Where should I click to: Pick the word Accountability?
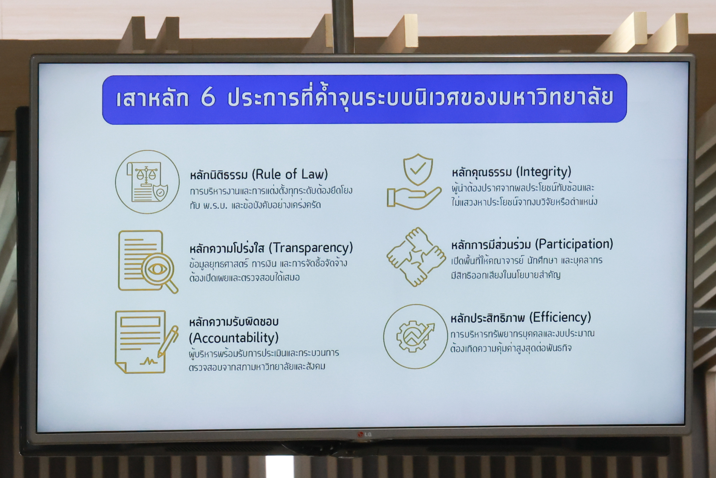click(x=233, y=338)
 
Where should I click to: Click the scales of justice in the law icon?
click(x=146, y=175)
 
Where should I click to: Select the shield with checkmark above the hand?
click(x=418, y=170)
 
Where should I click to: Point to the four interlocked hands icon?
click(x=416, y=257)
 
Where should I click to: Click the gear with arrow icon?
click(x=415, y=336)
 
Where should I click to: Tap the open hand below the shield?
click(x=414, y=198)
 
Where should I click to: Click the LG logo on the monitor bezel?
click(x=364, y=434)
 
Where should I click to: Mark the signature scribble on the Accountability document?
click(x=148, y=362)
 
